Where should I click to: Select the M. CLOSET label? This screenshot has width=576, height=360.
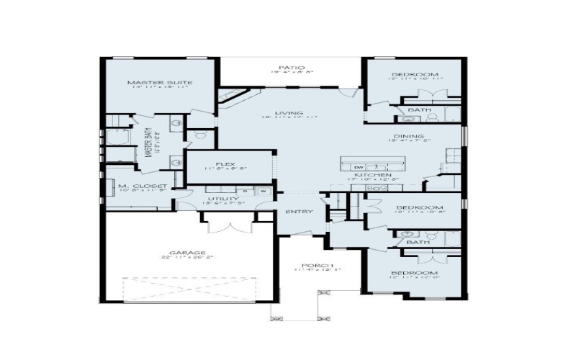tap(143, 186)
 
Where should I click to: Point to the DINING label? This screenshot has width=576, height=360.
tap(408, 136)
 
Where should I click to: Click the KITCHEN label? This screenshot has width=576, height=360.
tap(372, 175)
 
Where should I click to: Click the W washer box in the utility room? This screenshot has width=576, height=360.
tap(264, 191)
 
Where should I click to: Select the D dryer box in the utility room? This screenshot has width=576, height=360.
tap(246, 191)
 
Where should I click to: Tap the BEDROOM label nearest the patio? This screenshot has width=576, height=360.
tap(415, 75)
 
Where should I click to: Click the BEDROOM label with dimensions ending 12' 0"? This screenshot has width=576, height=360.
tap(415, 274)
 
